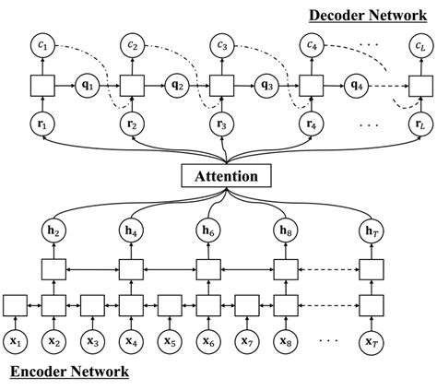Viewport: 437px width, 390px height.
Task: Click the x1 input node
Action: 16,340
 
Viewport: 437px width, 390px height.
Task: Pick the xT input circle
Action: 371,340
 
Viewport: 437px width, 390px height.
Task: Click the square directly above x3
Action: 93,304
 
